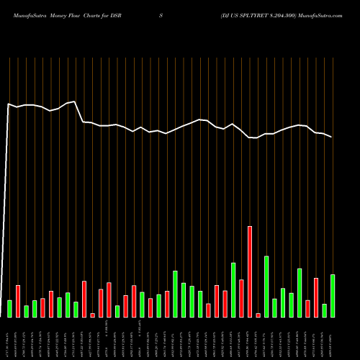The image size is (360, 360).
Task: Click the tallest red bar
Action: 250,271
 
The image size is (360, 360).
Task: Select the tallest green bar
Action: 266,286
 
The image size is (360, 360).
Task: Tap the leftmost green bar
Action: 9,308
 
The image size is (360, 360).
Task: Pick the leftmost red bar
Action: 18,301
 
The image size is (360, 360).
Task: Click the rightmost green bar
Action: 333,295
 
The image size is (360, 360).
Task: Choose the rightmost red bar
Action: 316,297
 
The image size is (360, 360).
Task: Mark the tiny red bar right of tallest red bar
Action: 258,315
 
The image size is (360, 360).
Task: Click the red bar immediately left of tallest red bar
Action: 241,297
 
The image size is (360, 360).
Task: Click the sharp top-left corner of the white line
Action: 8,104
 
